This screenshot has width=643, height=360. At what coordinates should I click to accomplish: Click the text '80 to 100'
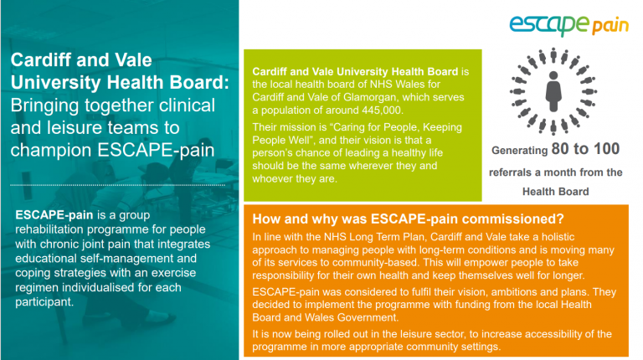point(584,150)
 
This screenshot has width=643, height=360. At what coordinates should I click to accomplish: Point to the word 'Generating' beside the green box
point(519,152)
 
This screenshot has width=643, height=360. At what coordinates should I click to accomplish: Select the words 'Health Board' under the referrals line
point(555,192)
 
